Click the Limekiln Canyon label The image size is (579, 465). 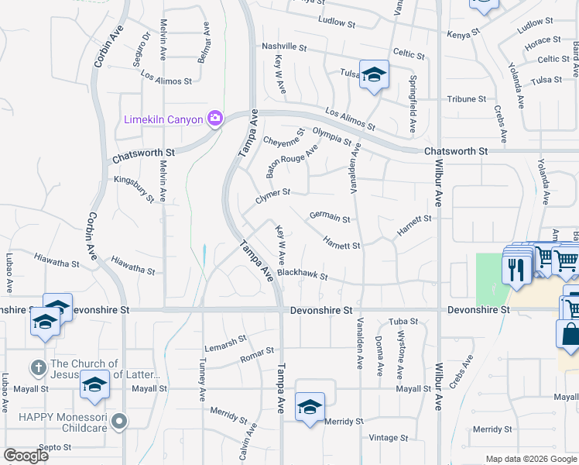163,119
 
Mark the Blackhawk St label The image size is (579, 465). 302,274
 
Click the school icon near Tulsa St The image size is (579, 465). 374,75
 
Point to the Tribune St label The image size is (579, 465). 466,99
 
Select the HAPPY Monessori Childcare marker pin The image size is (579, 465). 118,421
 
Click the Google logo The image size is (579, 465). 26,456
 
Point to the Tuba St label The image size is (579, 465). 403,321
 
